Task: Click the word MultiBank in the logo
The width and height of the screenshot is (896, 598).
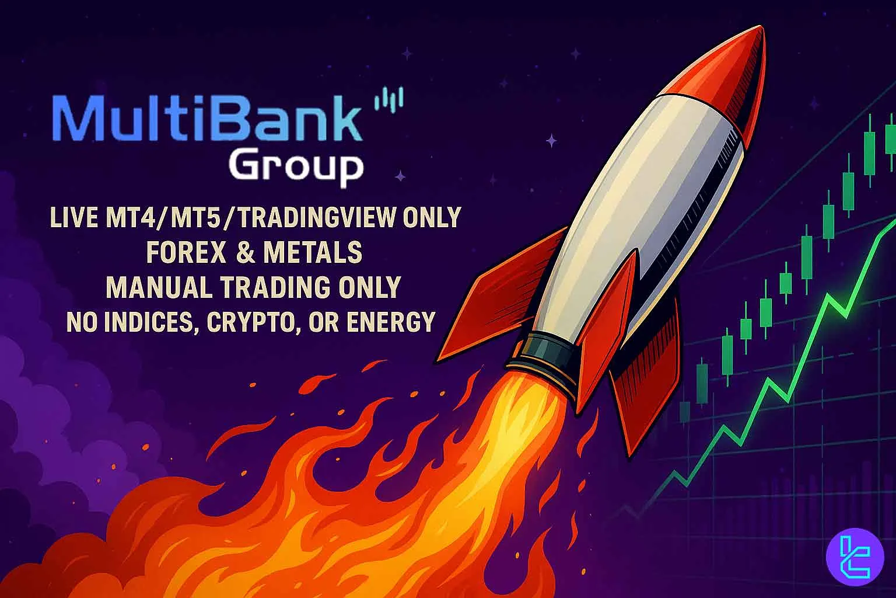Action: [x=207, y=123]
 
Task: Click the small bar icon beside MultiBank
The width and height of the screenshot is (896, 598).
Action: [x=388, y=100]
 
